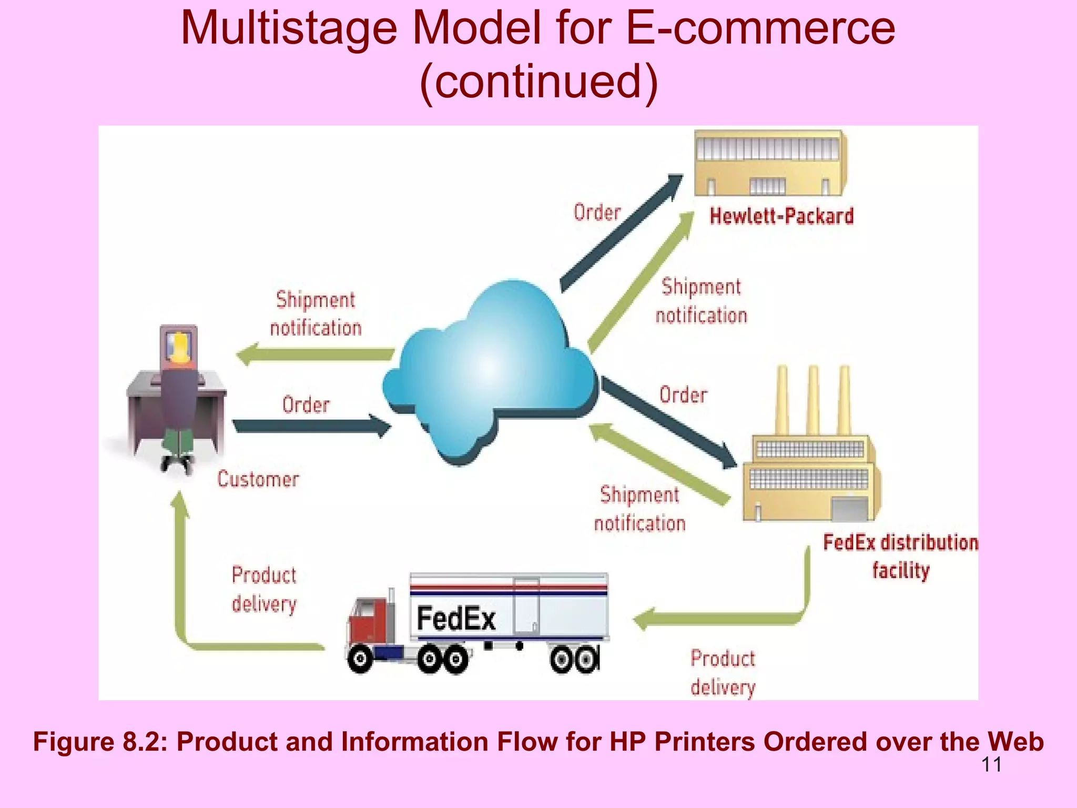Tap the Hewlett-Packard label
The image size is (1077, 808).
pyautogui.click(x=781, y=216)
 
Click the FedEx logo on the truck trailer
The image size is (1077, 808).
pyautogui.click(x=456, y=618)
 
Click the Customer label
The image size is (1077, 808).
pyautogui.click(x=258, y=479)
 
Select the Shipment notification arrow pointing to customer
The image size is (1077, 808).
pyautogui.click(x=316, y=354)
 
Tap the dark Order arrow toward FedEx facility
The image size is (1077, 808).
pyautogui.click(x=668, y=421)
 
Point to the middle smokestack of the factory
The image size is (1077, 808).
pyautogui.click(x=813, y=400)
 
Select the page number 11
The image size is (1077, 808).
pyautogui.click(x=991, y=764)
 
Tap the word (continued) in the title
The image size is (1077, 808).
pyautogui.click(x=538, y=81)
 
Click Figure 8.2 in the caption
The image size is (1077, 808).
pyautogui.click(x=100, y=742)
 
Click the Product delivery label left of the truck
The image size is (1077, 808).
pyautogui.click(x=264, y=589)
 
